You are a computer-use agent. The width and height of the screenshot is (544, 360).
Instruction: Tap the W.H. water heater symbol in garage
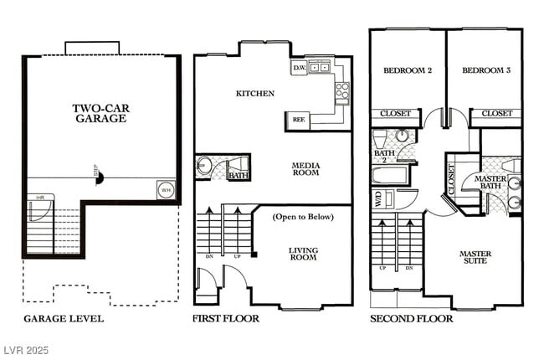click(x=165, y=190)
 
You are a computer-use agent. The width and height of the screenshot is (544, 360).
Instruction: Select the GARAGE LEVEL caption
click(x=64, y=319)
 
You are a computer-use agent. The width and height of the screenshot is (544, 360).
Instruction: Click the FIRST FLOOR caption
click(x=225, y=319)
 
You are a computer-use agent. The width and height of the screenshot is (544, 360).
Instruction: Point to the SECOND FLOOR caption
click(x=411, y=319)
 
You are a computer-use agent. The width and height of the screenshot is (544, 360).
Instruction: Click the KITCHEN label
click(x=255, y=94)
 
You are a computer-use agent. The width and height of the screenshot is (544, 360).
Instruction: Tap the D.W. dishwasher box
click(x=299, y=68)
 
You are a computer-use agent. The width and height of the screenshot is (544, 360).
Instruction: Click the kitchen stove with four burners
click(x=341, y=90)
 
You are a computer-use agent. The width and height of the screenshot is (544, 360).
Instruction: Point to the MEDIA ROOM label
click(x=306, y=171)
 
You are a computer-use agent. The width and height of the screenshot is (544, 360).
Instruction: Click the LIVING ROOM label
click(x=303, y=254)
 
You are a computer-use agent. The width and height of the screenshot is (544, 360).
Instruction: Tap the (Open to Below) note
click(x=303, y=217)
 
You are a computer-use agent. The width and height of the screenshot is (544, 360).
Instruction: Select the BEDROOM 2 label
click(x=407, y=71)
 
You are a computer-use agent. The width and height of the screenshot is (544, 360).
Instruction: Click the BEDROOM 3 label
click(x=486, y=71)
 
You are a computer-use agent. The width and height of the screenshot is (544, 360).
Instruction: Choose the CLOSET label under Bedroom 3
click(x=496, y=113)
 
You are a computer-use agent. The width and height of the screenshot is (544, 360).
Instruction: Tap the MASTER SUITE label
click(x=475, y=257)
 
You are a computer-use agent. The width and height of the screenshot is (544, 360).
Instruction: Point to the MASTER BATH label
click(x=490, y=184)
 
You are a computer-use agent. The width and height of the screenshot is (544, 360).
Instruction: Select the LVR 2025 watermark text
click(x=27, y=347)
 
